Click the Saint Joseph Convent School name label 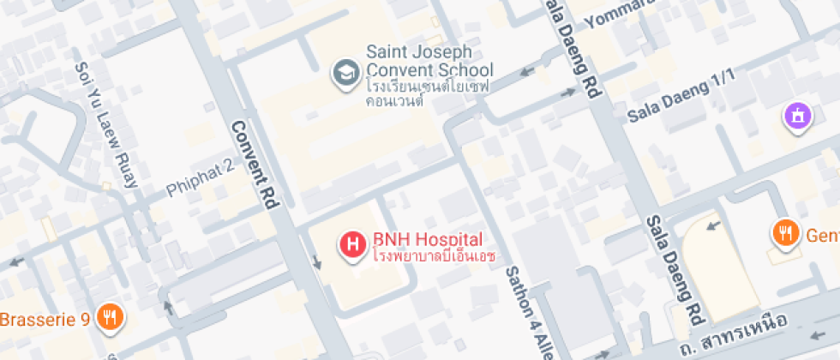pyautogui.click(x=429, y=61)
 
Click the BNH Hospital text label pyautogui.click(x=428, y=239)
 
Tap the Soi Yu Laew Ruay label pyautogui.click(x=105, y=123)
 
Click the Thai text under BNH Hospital pyautogui.click(x=434, y=256)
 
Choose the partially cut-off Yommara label pyautogui.click(x=619, y=13)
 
